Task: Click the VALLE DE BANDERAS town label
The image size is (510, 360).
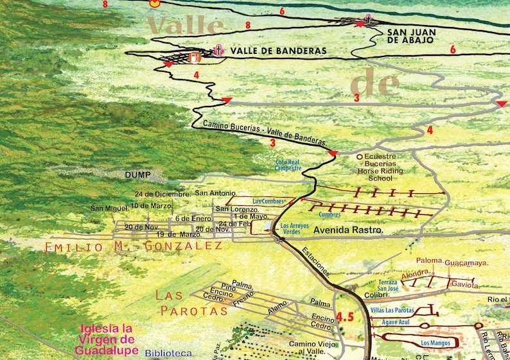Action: (278, 51)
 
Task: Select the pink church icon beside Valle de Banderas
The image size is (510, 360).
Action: (218, 49)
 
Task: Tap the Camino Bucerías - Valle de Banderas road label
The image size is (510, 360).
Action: (265, 132)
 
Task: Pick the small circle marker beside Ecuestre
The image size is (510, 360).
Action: (360, 156)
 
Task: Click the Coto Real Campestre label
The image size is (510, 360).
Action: (288, 166)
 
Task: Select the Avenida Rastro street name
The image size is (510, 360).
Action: (349, 229)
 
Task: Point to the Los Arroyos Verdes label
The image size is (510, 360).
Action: (296, 228)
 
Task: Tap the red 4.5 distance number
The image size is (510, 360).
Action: (345, 317)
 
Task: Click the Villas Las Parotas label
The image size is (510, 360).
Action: (392, 311)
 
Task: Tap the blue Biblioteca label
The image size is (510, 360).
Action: (168, 353)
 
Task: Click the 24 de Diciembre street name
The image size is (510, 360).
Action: (163, 194)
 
